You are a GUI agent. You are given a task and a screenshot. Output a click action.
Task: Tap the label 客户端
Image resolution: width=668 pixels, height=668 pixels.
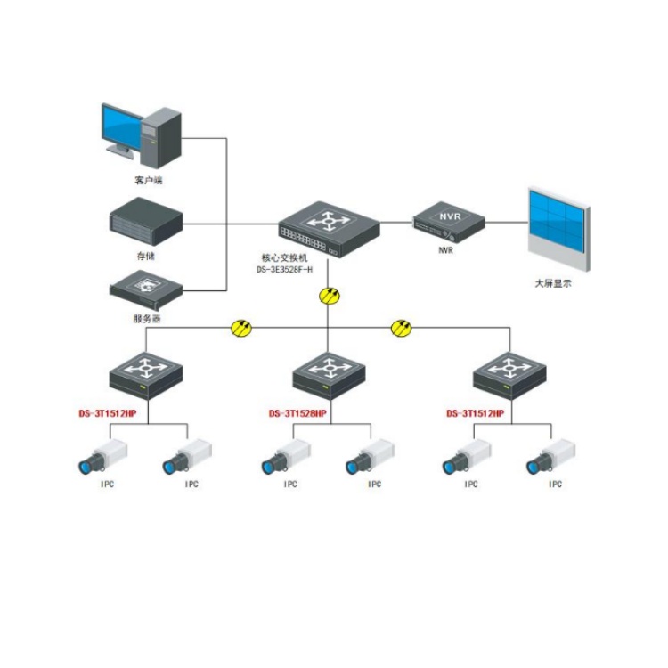(x=148, y=181)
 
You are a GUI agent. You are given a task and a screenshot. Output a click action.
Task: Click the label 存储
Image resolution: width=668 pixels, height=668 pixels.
(x=146, y=255)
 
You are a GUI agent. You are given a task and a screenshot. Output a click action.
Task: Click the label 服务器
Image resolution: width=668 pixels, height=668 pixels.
(x=147, y=318)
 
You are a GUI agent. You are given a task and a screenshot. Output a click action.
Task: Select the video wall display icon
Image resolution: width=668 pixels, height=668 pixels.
(x=558, y=230)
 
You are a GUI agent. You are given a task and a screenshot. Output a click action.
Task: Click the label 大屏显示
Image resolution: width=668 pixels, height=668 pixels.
(x=552, y=283)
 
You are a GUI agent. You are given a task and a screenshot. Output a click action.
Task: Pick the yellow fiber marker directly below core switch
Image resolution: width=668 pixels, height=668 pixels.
(x=330, y=296)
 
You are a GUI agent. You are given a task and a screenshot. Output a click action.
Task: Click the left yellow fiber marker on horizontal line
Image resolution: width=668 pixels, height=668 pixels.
(x=240, y=328)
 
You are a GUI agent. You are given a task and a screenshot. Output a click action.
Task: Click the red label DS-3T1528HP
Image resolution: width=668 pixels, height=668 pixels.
(x=297, y=414)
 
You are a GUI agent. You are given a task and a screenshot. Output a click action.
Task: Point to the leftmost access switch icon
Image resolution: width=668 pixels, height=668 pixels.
(x=147, y=376)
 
